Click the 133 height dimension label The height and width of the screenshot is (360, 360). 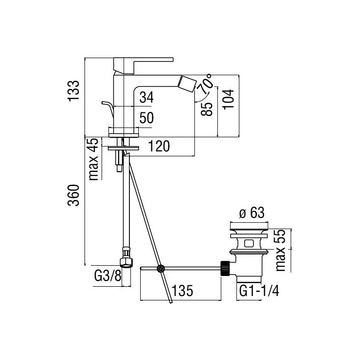[x=73, y=91]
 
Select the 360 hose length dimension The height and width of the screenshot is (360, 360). [x=73, y=195]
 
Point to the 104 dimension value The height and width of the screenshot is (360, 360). [x=228, y=99]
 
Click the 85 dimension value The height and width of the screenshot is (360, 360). [x=207, y=109]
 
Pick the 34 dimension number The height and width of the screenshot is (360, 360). [x=147, y=97]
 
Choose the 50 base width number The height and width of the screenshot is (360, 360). [x=147, y=118]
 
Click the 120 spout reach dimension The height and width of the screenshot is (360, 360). [x=159, y=146]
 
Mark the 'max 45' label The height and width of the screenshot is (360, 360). [x=94, y=159]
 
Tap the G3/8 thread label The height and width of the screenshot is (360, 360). [x=107, y=275]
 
